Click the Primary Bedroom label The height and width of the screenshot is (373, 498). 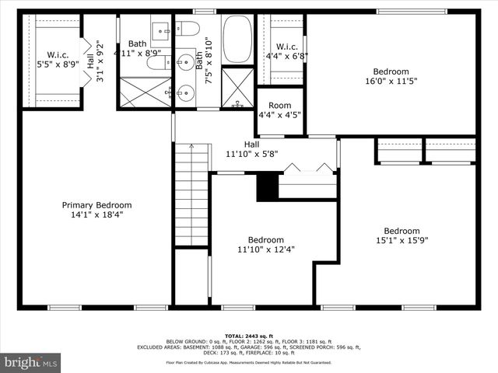(x=97, y=205)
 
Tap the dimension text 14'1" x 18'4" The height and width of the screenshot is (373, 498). (x=97, y=215)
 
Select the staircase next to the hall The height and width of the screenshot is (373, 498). (x=191, y=194)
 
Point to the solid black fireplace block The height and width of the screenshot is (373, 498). (x=267, y=187)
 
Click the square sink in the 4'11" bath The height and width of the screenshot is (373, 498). (x=161, y=31)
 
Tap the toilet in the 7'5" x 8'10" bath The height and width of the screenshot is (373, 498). (x=187, y=29)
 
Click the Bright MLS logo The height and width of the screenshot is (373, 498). (x=31, y=362)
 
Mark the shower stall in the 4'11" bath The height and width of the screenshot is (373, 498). (x=144, y=91)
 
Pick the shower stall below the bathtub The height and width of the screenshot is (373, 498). (x=238, y=88)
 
